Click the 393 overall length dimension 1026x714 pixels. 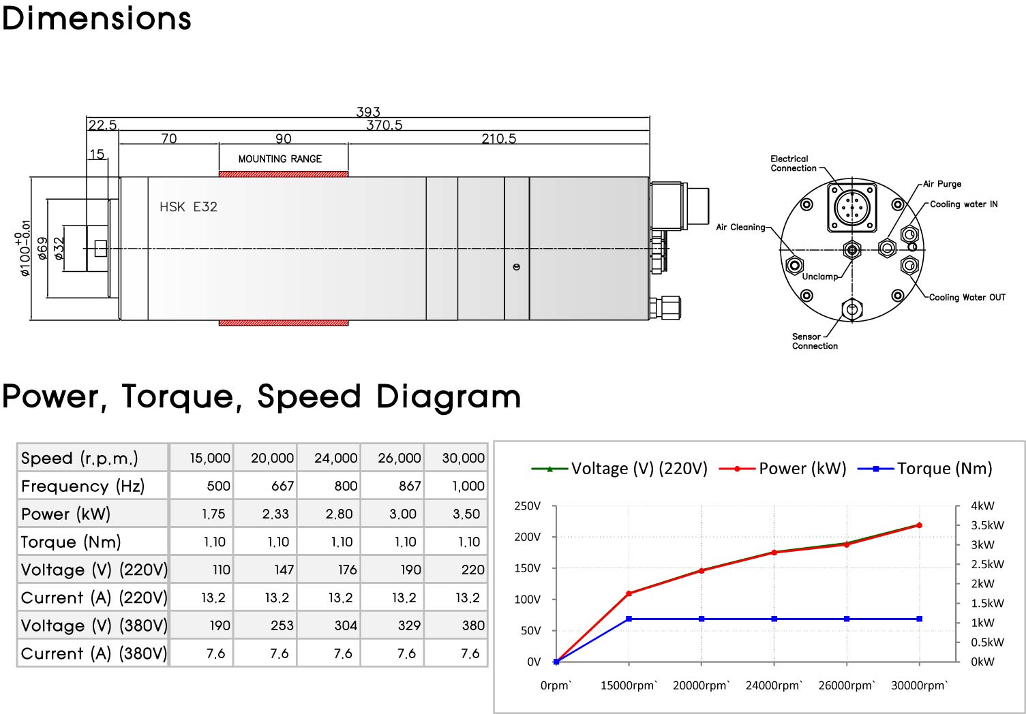368,112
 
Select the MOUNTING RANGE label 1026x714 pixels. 280,159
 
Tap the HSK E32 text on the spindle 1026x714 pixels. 188,207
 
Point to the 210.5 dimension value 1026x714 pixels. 498,139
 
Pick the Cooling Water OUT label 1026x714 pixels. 967,297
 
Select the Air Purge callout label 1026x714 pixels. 942,184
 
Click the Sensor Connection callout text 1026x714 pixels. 815,341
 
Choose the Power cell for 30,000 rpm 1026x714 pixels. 466,514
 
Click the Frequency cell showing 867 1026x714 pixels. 409,486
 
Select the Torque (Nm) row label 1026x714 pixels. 71,542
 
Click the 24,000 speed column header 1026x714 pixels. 335,458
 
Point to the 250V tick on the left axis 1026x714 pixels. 527,506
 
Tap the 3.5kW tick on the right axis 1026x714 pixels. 987,525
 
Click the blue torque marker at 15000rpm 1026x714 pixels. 629,619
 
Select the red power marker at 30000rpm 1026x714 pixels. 920,525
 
